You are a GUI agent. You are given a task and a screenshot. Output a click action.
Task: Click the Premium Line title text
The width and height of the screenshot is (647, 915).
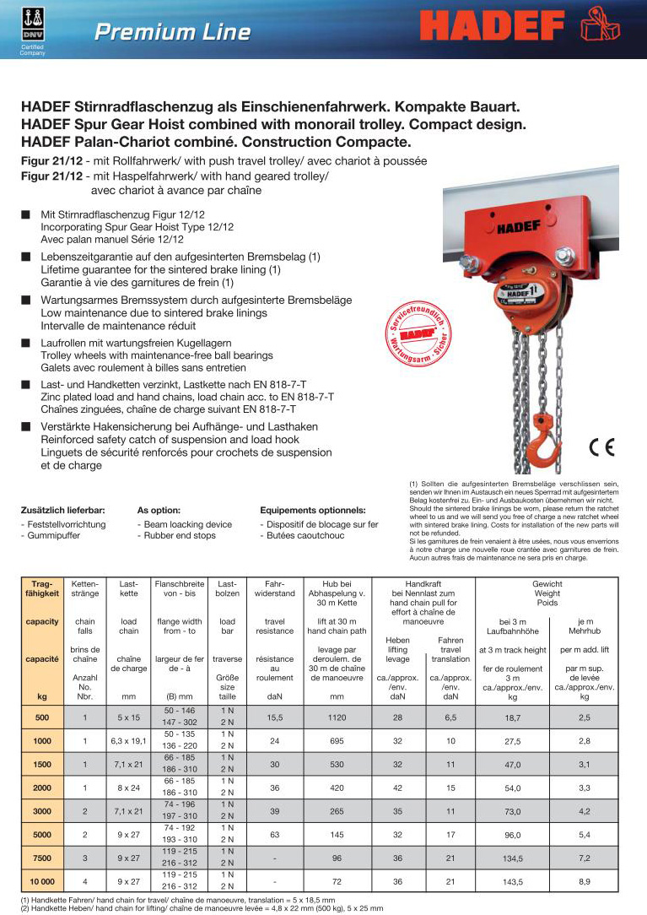point(172,32)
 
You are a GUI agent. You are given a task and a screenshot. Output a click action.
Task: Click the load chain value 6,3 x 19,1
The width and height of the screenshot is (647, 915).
point(128,742)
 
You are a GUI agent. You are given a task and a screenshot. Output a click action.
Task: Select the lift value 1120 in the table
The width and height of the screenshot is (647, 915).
point(336,718)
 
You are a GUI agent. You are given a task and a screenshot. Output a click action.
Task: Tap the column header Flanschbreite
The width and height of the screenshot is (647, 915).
point(178,583)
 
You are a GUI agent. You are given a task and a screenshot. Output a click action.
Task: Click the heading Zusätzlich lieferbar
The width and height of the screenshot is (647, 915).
point(62,510)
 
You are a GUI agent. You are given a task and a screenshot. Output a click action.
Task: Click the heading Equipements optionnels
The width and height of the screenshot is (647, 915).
point(313,510)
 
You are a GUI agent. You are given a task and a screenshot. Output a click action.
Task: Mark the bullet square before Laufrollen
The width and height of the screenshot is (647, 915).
point(27,343)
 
